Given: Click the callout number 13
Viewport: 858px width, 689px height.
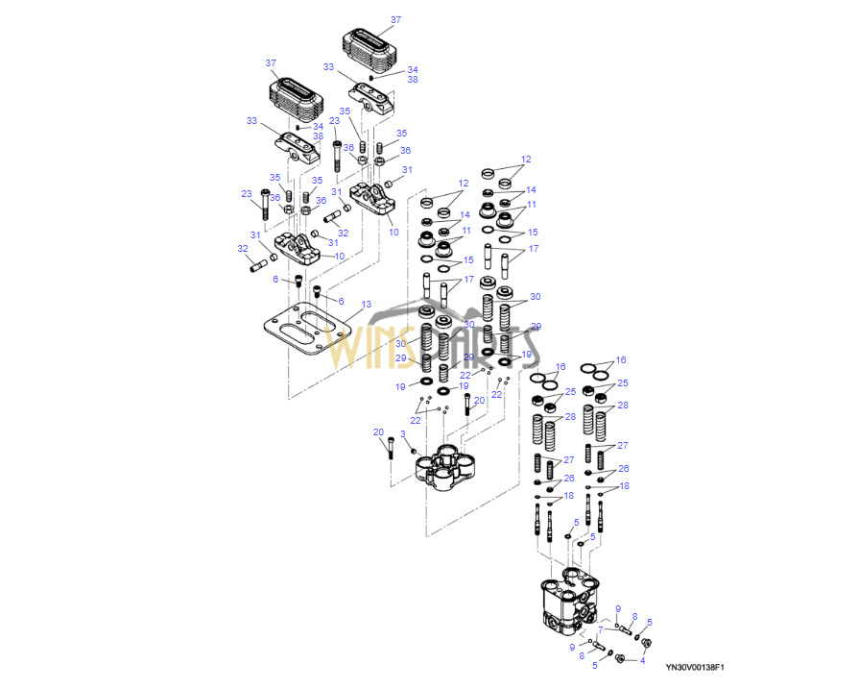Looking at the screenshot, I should [x=367, y=305].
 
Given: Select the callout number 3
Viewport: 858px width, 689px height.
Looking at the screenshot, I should [x=403, y=434].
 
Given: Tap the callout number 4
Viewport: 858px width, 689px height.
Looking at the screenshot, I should [x=643, y=660].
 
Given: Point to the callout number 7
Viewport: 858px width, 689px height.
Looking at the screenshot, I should [x=601, y=629].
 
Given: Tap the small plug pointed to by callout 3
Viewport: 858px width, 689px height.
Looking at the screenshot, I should [x=414, y=451].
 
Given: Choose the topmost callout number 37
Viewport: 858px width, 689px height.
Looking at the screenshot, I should [x=395, y=19].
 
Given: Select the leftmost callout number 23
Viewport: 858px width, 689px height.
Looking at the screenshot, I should [x=247, y=193].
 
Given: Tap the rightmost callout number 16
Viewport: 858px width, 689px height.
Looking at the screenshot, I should [x=620, y=359].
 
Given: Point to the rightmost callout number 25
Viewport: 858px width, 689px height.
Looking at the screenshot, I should [x=624, y=383].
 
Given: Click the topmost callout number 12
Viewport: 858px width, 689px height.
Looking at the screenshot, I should [x=526, y=159].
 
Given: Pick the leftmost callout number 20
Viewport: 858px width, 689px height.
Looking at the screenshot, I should [x=378, y=431].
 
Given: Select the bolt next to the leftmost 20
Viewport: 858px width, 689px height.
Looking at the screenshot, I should [x=390, y=449].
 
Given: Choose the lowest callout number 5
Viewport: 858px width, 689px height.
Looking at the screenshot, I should [x=595, y=664].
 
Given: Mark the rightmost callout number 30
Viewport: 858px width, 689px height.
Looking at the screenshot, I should [x=536, y=297].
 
